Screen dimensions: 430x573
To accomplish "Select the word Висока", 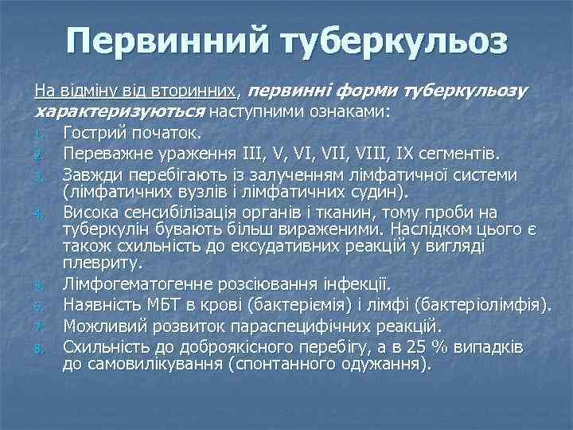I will click(92, 213).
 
